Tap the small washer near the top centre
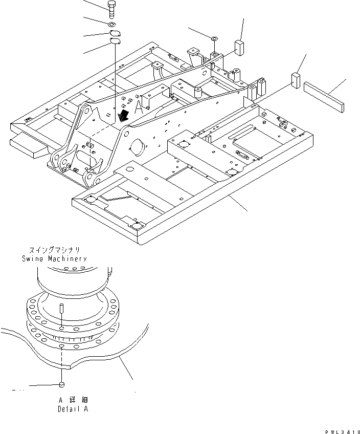point(214,38)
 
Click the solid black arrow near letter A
point(123,117)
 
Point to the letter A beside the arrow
point(139,107)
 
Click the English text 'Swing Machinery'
point(54,259)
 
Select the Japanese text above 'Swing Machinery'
point(54,251)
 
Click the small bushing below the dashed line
point(61,385)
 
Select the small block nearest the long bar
point(296,79)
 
